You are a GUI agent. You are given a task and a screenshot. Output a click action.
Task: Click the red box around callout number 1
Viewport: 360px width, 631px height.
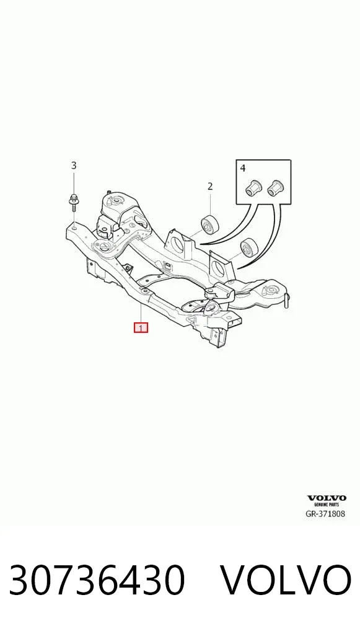point(141,327)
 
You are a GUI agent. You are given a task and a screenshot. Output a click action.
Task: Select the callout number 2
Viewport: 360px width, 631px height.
point(210,187)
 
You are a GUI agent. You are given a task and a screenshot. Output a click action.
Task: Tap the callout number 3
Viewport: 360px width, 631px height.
point(74,165)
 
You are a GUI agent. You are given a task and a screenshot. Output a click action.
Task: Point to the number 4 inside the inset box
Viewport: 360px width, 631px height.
point(242,168)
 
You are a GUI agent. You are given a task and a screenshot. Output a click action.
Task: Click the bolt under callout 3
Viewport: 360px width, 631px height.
point(74,201)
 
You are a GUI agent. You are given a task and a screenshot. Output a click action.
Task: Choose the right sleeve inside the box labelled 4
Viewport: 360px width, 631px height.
point(276,187)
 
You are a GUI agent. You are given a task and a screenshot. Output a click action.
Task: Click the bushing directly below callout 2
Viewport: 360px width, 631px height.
point(211,224)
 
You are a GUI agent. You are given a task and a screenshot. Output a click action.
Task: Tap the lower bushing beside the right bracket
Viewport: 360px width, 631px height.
point(249,247)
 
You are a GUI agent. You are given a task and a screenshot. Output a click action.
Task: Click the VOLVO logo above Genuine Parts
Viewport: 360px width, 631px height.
point(327,498)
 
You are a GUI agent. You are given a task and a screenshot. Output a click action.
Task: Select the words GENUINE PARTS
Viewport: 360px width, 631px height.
point(327,504)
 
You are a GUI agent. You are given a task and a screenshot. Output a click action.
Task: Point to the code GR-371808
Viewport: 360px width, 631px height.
point(325,513)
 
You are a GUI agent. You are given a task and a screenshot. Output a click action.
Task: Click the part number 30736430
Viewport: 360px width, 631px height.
point(97,580)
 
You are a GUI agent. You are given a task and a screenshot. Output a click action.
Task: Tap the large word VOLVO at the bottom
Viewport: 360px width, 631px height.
point(287,580)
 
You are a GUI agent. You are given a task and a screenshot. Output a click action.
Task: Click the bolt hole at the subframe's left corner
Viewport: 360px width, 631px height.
point(75,227)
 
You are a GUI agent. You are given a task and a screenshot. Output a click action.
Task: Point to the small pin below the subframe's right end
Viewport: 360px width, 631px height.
point(286,300)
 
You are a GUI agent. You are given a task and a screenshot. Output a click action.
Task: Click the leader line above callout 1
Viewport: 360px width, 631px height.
point(141,313)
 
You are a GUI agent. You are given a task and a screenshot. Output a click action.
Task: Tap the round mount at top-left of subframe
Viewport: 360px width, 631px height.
point(116,200)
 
